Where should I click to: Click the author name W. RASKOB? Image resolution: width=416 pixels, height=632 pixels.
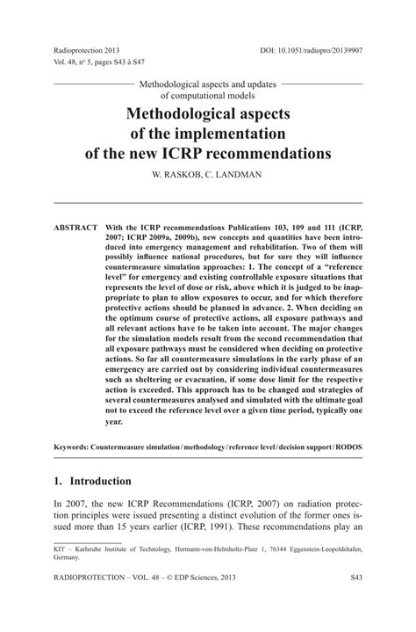(x=168, y=175)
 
